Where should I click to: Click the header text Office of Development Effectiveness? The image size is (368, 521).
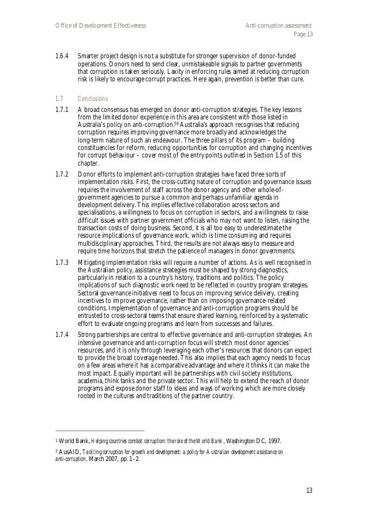point(100,26)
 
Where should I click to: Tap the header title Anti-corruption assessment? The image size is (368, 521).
point(279,26)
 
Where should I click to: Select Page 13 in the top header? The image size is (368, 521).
point(303,35)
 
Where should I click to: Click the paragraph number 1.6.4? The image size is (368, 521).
point(62,57)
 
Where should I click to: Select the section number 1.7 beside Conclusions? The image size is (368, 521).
point(58,98)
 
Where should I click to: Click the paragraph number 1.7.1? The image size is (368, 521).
point(62,109)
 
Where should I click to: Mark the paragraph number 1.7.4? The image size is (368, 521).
point(62,335)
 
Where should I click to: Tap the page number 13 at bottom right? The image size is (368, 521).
point(309,491)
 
